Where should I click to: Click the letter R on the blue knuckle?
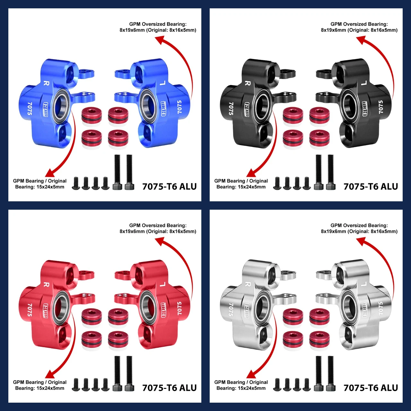[x=46, y=83]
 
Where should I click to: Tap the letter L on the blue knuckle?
[x=162, y=83]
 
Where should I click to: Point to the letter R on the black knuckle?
[x=248, y=83]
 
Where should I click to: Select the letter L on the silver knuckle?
[x=364, y=284]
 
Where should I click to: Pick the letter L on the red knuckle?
[x=162, y=284]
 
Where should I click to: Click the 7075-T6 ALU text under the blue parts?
[x=169, y=187]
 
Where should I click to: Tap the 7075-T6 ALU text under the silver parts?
[x=371, y=388]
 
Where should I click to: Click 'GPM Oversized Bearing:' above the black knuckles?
[x=359, y=24]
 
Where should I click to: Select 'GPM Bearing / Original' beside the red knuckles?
[x=40, y=382]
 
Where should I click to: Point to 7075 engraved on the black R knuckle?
[x=231, y=109]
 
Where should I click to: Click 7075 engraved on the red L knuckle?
[x=179, y=308]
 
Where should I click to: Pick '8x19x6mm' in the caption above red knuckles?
[x=132, y=232]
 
